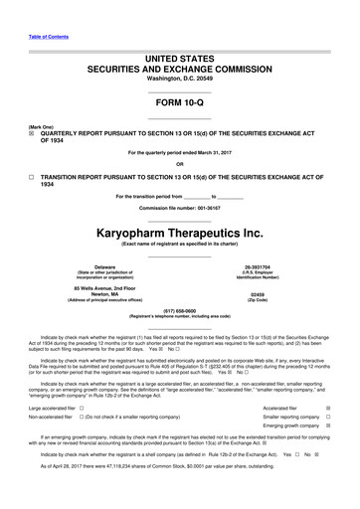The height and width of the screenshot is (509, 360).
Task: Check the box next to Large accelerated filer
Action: click(81, 407)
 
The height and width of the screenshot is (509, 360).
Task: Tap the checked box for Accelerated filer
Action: click(341, 407)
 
